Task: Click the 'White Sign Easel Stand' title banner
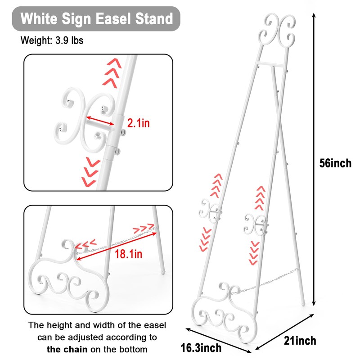[97, 18]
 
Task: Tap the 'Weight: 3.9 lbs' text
[52, 40]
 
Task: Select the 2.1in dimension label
[138, 123]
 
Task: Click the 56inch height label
[335, 163]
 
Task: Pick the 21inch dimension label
[300, 340]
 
